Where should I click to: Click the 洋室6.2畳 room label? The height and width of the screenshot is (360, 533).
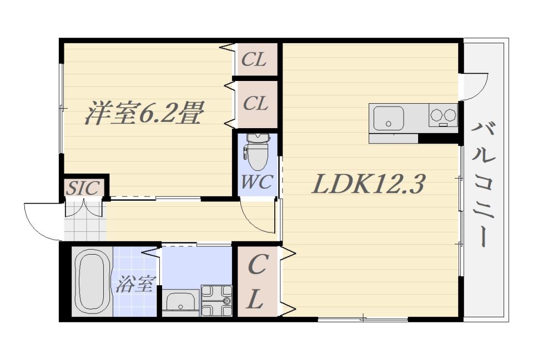144,113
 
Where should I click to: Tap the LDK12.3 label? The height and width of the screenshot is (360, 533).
368,184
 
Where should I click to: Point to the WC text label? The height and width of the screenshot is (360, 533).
257,182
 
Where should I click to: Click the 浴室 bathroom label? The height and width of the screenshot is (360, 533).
135,284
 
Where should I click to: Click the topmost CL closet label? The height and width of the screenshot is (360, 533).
254,60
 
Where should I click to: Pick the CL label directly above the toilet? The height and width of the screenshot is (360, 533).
255,103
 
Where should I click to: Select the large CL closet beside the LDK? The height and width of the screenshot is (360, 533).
257,282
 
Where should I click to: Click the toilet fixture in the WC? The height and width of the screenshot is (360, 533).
258,151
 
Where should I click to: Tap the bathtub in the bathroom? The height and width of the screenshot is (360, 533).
92,282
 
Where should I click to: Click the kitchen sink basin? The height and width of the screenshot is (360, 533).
389,118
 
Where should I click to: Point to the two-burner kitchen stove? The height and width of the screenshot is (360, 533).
443,115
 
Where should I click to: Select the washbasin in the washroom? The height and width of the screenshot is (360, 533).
180,302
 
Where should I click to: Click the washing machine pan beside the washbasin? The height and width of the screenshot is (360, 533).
217,301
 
